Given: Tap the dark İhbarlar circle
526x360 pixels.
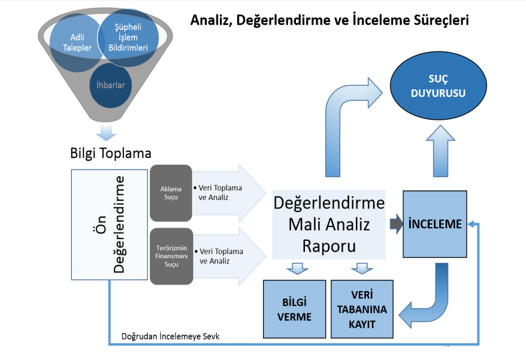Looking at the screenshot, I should point(110,85).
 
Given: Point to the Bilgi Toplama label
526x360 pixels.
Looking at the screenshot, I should point(110,153).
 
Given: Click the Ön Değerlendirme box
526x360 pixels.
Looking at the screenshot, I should point(110,225).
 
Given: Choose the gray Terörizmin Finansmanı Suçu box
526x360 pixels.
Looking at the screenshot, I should point(171,256).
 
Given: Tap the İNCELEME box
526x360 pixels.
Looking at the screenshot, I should point(434,225).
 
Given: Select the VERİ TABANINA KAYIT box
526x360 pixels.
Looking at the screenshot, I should point(362,308).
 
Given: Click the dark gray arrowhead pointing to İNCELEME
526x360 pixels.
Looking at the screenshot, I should point(395,225).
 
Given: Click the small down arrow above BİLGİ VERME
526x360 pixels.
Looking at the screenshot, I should point(297,268).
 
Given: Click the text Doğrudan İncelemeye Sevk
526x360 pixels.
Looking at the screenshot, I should point(170,337).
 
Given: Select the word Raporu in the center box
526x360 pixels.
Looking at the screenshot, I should point(329,246).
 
